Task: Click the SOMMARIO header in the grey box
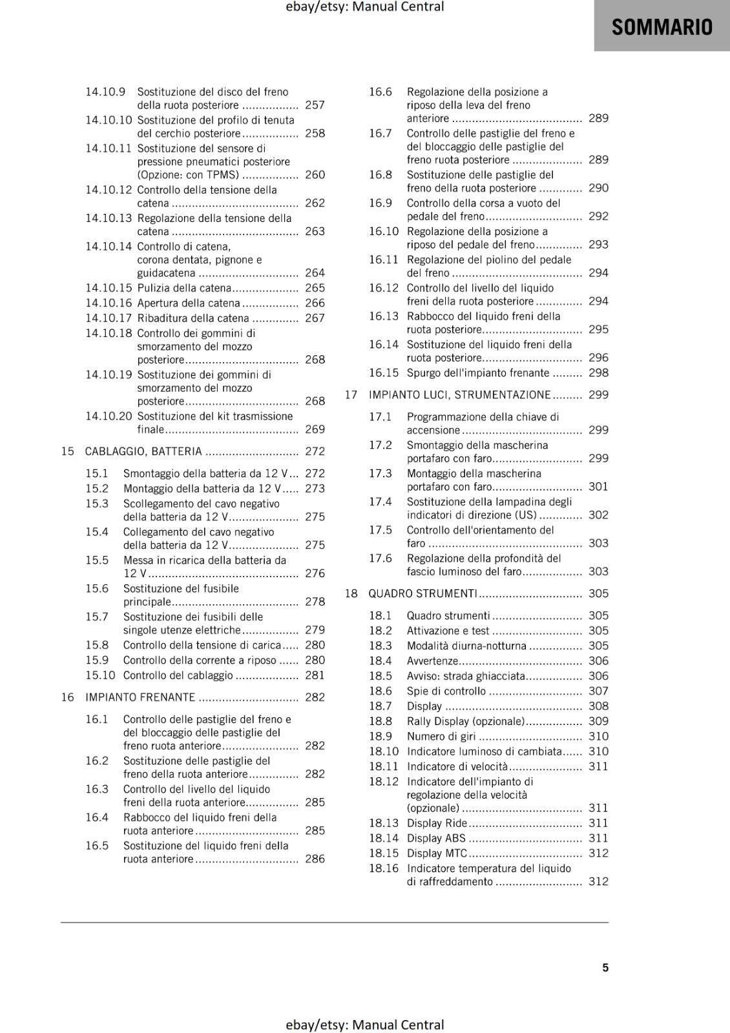(x=662, y=26)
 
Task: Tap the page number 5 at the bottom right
(x=605, y=967)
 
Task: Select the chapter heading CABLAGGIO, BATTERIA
(x=143, y=451)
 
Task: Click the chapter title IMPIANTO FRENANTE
(x=140, y=697)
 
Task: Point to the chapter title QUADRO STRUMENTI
(x=422, y=593)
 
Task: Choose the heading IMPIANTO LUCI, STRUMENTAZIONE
(x=459, y=394)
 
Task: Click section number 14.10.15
(x=109, y=288)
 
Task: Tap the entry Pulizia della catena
(x=184, y=288)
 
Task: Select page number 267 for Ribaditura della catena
(x=315, y=318)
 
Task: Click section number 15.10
(x=100, y=675)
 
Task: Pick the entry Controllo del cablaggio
(x=178, y=675)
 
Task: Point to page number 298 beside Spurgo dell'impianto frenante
(x=598, y=373)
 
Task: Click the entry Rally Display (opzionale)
(x=465, y=721)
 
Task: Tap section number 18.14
(x=384, y=838)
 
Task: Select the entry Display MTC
(x=437, y=853)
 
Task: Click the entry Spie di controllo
(x=446, y=691)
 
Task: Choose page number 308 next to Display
(x=598, y=706)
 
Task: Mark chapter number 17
(x=351, y=394)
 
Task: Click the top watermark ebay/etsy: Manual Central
(x=365, y=7)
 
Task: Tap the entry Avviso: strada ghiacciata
(x=466, y=676)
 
